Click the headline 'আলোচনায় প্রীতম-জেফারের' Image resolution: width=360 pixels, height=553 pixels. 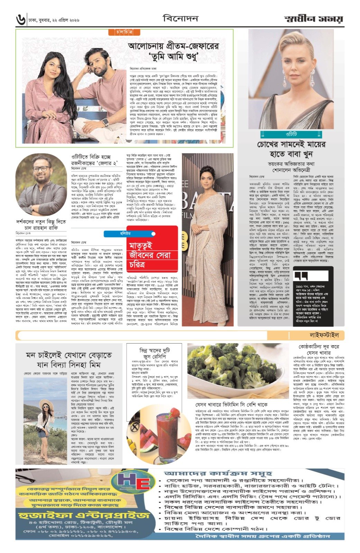(x=174, y=46)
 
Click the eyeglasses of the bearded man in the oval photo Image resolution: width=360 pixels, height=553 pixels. (x=41, y=169)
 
